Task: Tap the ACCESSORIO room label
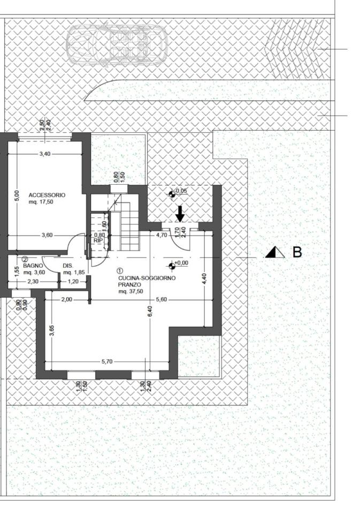(47, 195)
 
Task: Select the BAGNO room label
(33, 266)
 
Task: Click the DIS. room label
(68, 266)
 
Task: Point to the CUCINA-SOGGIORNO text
(147, 278)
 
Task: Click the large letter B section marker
(297, 252)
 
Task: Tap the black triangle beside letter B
(275, 252)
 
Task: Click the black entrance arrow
(180, 214)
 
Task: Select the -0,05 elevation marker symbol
(172, 194)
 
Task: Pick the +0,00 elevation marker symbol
(171, 266)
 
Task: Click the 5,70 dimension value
(107, 361)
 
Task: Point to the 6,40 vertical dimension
(150, 312)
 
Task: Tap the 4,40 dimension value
(204, 278)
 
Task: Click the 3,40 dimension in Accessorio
(45, 154)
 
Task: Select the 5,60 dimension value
(162, 299)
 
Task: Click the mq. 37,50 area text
(131, 291)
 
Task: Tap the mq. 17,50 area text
(41, 202)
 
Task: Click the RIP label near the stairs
(98, 240)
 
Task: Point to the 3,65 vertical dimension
(51, 330)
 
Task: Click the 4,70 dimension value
(162, 235)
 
